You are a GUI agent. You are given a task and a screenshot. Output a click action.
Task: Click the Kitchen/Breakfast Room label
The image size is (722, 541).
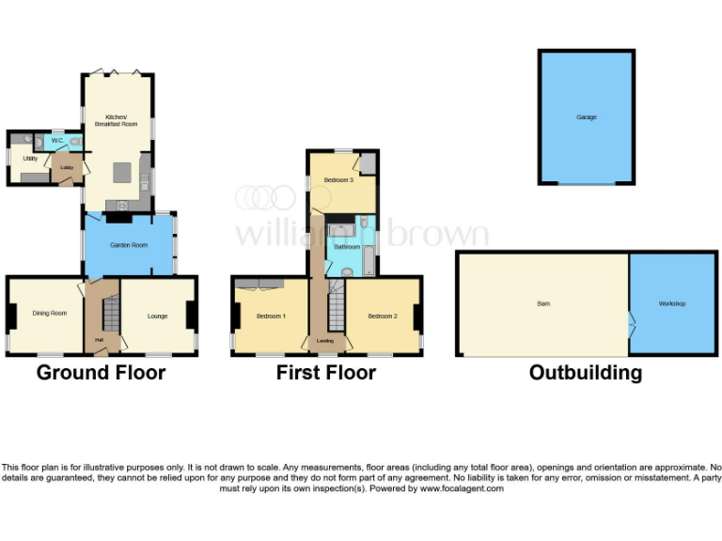115,120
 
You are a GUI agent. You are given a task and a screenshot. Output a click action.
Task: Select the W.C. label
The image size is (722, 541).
56,141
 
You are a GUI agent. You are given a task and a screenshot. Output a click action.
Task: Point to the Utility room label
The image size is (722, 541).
30,158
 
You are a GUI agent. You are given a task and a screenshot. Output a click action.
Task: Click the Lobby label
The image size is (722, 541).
66,168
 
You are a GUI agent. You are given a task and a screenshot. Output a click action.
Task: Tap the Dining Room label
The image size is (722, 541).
50,314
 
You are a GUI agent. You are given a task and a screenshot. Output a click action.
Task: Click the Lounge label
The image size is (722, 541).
157,316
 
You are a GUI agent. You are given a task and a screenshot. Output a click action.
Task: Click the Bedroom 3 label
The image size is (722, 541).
338,179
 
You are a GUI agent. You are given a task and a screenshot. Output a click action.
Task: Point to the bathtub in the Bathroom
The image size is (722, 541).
369,251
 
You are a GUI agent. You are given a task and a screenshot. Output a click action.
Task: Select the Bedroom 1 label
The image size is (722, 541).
271,316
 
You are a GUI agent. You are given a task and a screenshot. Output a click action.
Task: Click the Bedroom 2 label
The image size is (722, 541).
383,316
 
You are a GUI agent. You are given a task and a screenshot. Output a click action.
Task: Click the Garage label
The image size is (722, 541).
587,117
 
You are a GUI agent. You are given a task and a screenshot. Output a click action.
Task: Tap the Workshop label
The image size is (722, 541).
671,303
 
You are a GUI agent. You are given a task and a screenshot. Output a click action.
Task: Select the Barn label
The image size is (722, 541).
543,303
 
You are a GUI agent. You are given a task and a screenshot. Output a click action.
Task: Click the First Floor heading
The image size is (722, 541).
325,373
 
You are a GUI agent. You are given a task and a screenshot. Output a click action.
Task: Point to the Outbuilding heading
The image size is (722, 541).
585,373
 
